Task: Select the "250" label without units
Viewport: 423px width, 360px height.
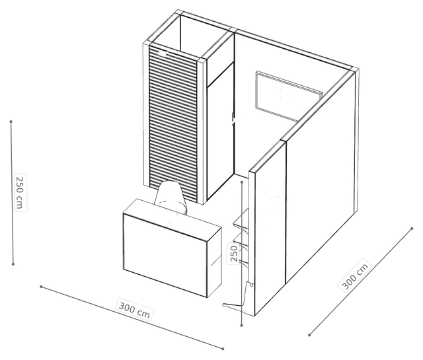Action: [234, 254]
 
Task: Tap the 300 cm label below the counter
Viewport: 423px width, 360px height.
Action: [134, 310]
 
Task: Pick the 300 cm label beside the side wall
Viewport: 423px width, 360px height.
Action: [355, 275]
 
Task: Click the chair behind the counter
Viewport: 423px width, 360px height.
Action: [171, 197]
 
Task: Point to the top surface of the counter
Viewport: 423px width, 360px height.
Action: [172, 219]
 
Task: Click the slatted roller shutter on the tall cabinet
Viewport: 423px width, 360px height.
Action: [173, 124]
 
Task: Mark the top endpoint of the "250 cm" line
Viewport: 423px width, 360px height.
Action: [11, 122]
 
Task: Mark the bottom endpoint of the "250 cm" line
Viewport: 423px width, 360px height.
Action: [13, 264]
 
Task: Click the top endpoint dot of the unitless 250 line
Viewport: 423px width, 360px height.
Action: [242, 182]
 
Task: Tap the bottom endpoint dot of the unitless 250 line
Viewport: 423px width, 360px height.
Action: [241, 326]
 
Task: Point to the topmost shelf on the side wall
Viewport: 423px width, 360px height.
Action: [241, 221]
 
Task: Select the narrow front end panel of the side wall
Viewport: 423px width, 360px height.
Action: [252, 242]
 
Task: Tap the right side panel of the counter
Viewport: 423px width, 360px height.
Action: [214, 262]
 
